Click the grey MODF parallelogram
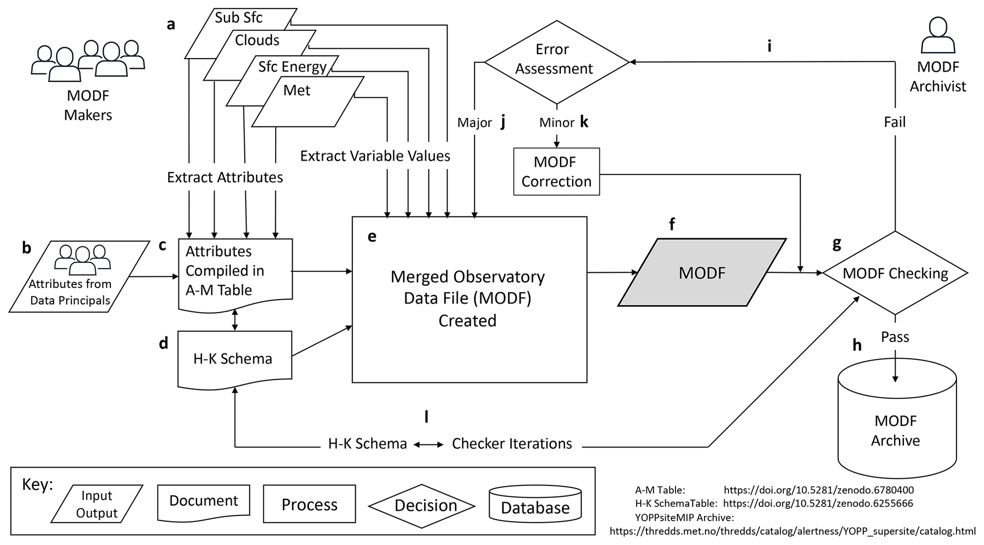702,272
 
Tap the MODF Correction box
556,172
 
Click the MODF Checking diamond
895,273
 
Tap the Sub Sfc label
239,18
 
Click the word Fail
895,122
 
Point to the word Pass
895,337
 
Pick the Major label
474,123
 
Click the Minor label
557,123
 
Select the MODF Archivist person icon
938,36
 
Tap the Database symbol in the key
535,505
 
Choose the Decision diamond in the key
422,505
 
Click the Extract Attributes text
225,178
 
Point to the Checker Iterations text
512,444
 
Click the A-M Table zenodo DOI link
818,490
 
